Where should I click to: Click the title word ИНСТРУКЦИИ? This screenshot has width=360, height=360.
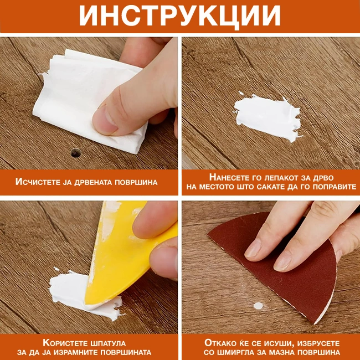(179, 17)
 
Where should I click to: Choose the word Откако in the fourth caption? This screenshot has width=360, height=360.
(222, 342)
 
